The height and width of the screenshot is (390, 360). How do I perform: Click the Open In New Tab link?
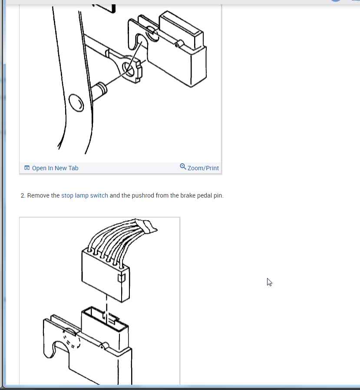(51, 168)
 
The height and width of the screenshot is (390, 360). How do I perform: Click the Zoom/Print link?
(199, 168)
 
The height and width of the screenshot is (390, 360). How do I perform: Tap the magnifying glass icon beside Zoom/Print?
(183, 166)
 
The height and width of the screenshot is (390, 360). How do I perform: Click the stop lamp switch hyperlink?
(85, 195)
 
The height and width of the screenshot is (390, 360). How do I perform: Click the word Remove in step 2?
(38, 195)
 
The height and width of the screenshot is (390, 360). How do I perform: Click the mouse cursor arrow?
(270, 282)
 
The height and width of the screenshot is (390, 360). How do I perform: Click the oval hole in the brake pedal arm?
(76, 103)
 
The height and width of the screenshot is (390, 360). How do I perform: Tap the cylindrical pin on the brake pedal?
(99, 91)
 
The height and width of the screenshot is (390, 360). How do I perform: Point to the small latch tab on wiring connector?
(121, 278)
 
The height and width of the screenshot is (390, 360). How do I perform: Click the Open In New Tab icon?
(27, 168)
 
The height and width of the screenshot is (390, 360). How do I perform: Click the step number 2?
(23, 196)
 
